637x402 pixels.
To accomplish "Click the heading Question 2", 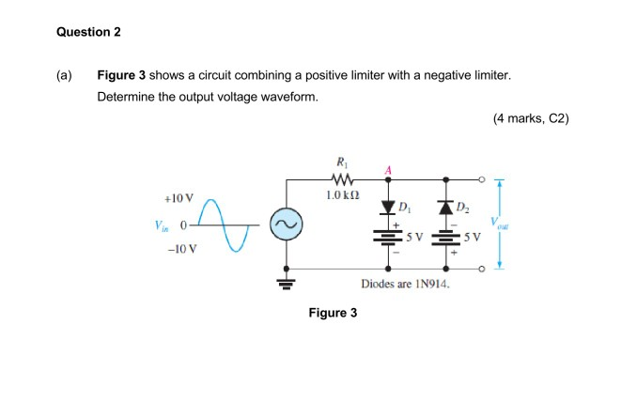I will (88, 33).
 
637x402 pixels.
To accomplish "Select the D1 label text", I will (405, 207).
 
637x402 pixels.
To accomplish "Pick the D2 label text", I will (461, 208).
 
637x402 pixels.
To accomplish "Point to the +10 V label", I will (178, 199).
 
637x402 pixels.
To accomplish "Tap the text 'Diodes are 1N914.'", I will (406, 285).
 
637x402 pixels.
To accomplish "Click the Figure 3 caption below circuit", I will (333, 313).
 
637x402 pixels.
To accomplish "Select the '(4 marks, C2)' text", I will (530, 119).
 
